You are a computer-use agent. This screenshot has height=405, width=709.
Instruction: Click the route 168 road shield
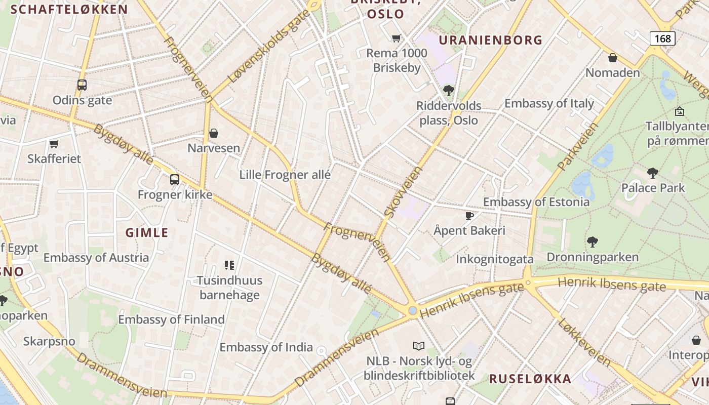[662, 38]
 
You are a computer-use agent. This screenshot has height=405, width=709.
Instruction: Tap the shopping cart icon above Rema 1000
[397, 38]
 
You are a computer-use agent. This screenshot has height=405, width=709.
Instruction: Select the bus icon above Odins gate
[82, 85]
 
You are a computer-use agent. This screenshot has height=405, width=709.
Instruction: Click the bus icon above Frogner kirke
[175, 179]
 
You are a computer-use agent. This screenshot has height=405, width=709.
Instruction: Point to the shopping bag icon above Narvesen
[214, 133]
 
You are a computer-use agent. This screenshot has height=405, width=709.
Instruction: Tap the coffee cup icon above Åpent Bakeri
[469, 216]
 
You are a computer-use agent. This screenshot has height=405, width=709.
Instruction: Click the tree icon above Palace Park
[653, 173]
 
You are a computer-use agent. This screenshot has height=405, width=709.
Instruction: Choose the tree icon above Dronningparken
[592, 241]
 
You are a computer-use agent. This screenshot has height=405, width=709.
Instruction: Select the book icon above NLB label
[419, 346]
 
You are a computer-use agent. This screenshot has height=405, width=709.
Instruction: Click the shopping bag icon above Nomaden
[613, 58]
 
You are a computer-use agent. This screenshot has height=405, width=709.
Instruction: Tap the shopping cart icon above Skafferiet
[54, 144]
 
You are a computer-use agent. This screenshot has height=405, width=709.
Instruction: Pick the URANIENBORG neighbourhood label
[490, 40]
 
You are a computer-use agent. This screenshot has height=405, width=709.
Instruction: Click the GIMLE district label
[147, 233]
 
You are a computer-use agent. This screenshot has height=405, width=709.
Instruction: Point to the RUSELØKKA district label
[530, 379]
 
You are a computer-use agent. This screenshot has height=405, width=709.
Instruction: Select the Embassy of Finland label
[171, 319]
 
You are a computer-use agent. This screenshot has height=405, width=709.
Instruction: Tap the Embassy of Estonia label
[536, 202]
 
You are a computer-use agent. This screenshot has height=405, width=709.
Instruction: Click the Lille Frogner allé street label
[285, 175]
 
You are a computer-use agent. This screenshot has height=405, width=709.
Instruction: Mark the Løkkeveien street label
[584, 342]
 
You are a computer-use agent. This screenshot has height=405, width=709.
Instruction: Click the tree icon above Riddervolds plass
[448, 91]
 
